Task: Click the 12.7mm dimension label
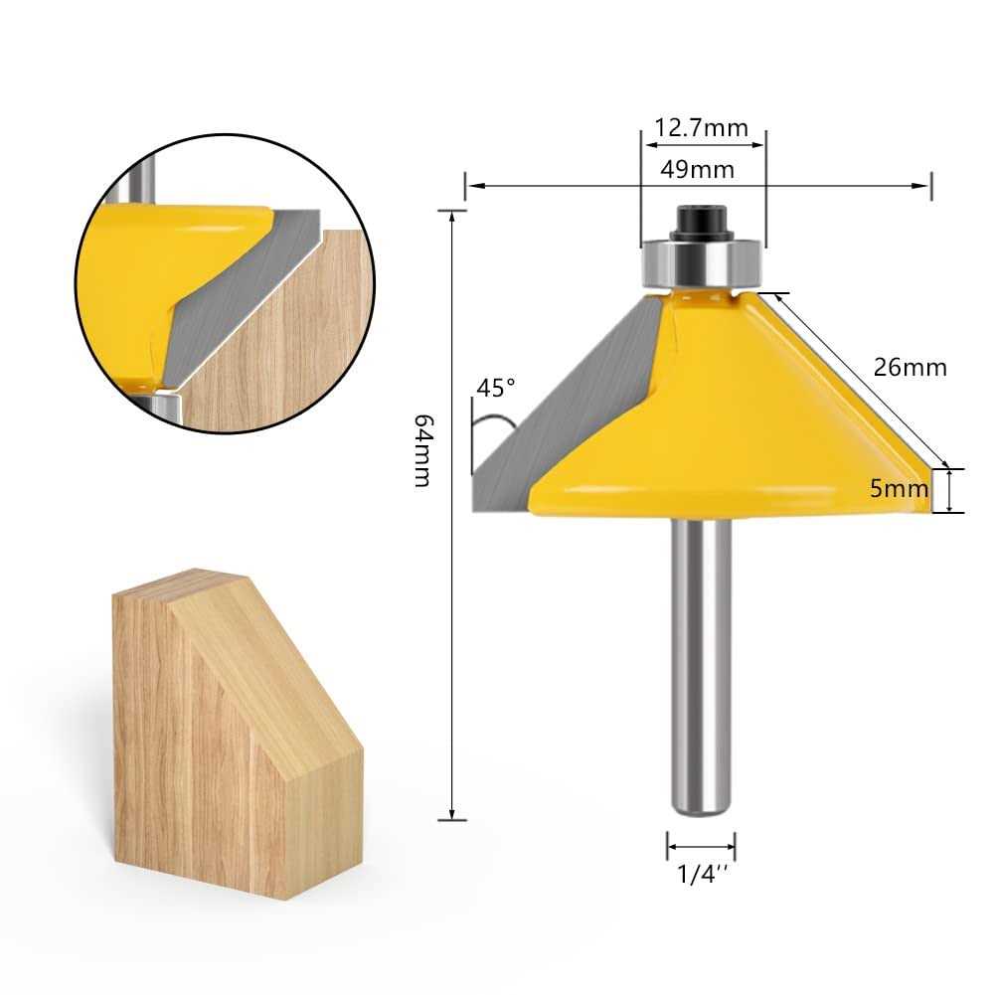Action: tap(701, 128)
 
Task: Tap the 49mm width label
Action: tap(701, 169)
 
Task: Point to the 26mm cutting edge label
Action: tap(911, 367)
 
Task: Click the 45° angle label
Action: tap(497, 388)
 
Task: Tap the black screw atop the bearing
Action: tap(701, 221)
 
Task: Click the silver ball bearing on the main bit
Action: tap(701, 260)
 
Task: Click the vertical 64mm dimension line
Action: tap(453, 596)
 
